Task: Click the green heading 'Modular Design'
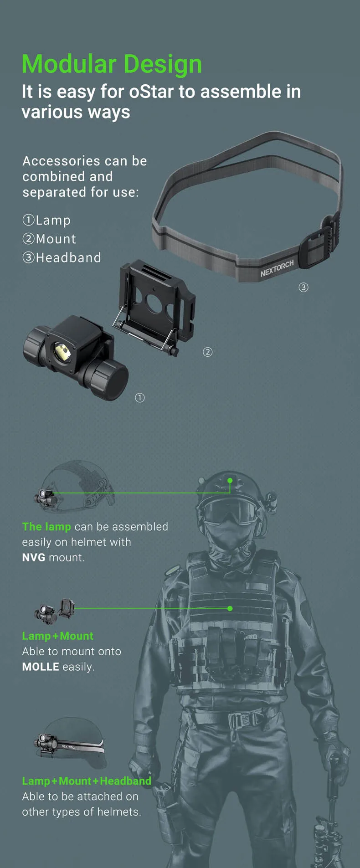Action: [x=112, y=64]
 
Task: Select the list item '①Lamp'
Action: [x=46, y=221]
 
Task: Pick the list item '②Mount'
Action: [x=49, y=239]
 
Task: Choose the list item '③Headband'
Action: [x=62, y=258]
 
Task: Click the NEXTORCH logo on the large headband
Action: [x=277, y=269]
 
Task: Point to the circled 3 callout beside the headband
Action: [x=303, y=288]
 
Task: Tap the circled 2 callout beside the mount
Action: [x=208, y=352]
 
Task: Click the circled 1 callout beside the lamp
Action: [x=140, y=398]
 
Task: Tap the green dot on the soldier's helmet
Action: [x=230, y=481]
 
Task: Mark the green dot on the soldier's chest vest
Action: [x=230, y=608]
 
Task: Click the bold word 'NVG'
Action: [x=34, y=558]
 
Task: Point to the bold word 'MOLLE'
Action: [x=41, y=667]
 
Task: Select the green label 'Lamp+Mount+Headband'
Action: [x=87, y=781]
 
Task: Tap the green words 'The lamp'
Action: [x=46, y=527]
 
